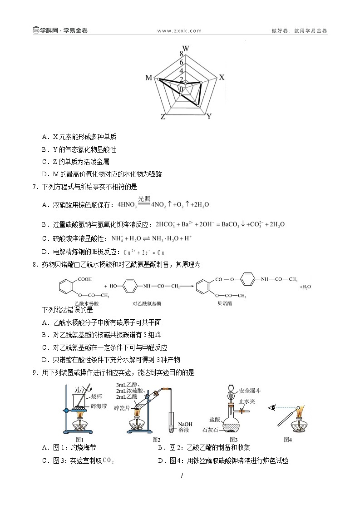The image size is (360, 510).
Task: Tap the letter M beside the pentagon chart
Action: coord(148,78)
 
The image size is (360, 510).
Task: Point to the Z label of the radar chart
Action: coord(163,117)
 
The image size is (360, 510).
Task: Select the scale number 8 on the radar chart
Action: coord(181,54)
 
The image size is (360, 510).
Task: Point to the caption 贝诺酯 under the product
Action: coord(225,303)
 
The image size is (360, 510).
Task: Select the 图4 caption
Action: coord(287,439)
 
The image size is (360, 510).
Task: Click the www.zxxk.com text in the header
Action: coord(179,31)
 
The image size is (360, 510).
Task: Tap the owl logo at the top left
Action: coord(36,31)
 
